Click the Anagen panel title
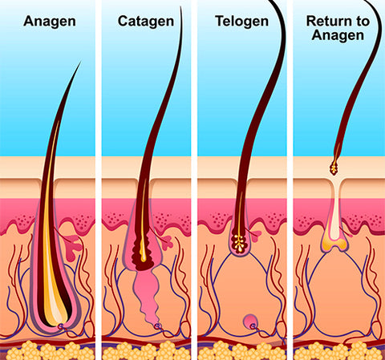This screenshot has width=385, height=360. tap(50, 22)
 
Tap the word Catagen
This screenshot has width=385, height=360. tap(146, 22)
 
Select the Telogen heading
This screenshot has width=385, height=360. tap(241, 22)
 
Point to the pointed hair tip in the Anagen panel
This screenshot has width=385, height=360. tap(80, 62)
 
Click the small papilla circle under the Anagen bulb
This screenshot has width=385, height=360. tap(61, 326)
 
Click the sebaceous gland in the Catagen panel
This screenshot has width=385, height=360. tap(166, 242)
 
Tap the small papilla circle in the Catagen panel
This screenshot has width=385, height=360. tap(157, 326)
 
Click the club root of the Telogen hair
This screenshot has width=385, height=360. tap(240, 243)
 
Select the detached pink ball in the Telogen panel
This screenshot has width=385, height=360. tap(250, 322)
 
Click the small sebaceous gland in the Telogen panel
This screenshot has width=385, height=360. tap(255, 234)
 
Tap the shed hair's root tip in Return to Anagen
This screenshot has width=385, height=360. tap(334, 168)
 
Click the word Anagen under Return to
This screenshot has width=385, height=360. tap(338, 35)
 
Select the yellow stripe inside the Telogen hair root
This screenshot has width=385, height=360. tap(240, 214)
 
